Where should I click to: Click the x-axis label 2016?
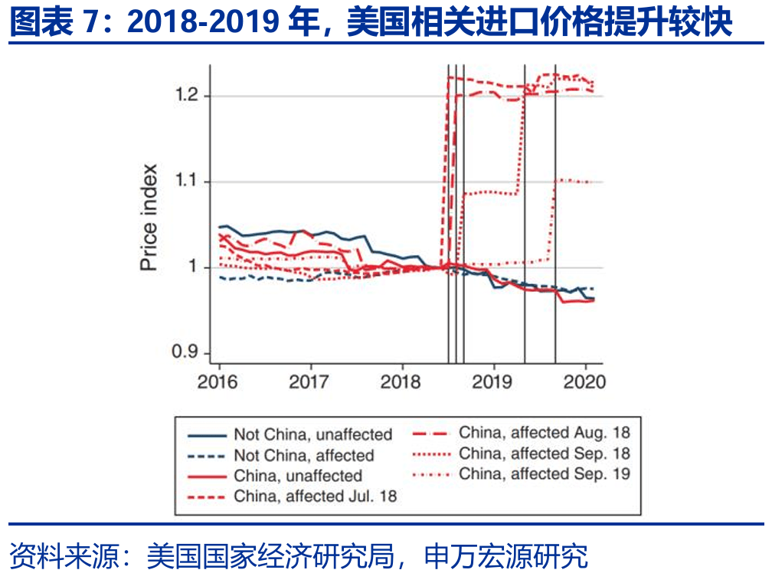(x=218, y=381)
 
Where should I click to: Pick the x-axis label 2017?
(x=310, y=381)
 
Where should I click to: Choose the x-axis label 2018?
(x=402, y=381)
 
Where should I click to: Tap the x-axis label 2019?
(x=494, y=381)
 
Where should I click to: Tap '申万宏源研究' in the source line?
(x=506, y=555)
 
